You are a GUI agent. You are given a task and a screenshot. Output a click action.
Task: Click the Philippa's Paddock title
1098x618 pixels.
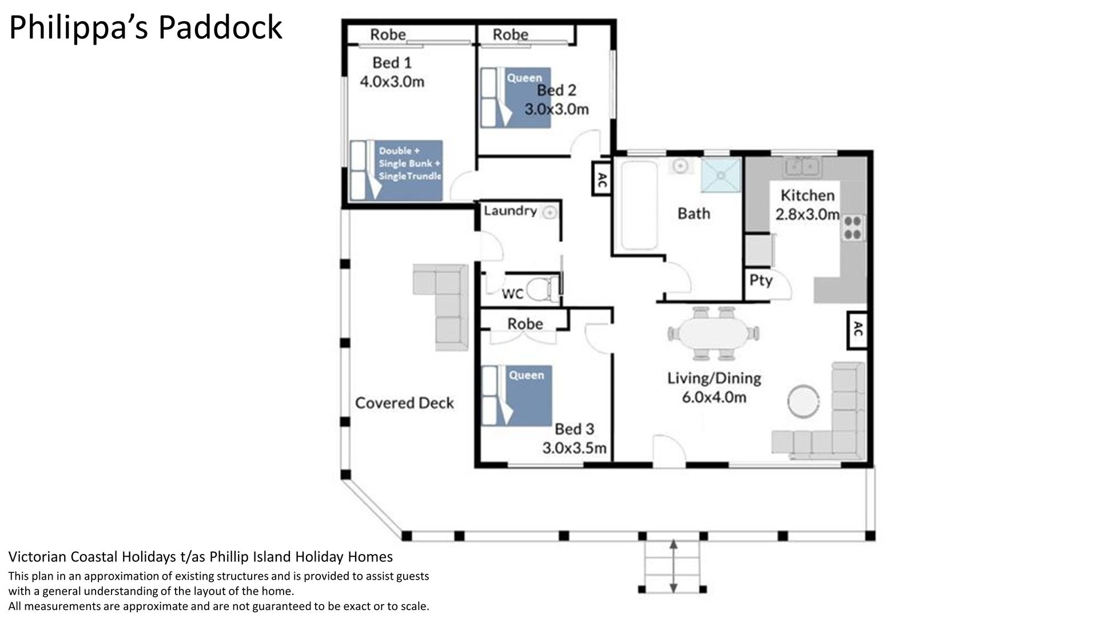tap(146, 27)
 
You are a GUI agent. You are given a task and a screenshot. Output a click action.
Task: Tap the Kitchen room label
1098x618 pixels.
tap(807, 195)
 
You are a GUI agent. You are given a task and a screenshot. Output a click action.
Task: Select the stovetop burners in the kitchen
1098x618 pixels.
tap(853, 227)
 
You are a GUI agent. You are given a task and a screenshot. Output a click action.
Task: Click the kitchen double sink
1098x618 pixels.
tap(803, 167)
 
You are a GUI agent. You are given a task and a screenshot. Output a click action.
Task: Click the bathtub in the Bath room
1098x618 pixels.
tap(639, 205)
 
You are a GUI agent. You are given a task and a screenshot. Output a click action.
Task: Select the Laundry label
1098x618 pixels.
tap(510, 211)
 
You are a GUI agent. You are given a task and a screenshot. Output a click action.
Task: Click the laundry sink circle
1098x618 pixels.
tap(549, 213)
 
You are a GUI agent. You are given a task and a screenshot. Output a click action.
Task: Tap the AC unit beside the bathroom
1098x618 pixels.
tap(602, 180)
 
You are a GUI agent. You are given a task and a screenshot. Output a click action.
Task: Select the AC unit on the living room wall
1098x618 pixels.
tap(857, 330)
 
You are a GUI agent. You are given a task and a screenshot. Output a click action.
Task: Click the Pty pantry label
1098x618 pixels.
tap(761, 280)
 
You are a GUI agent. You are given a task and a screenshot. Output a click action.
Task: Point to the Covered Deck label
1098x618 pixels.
tap(404, 403)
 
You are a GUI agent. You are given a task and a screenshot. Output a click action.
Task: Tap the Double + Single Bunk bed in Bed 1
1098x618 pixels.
tap(397, 171)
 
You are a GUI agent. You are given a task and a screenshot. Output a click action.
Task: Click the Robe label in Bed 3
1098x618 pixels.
tap(525, 324)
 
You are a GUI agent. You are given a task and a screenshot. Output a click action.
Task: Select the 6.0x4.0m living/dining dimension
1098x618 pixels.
tap(714, 397)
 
